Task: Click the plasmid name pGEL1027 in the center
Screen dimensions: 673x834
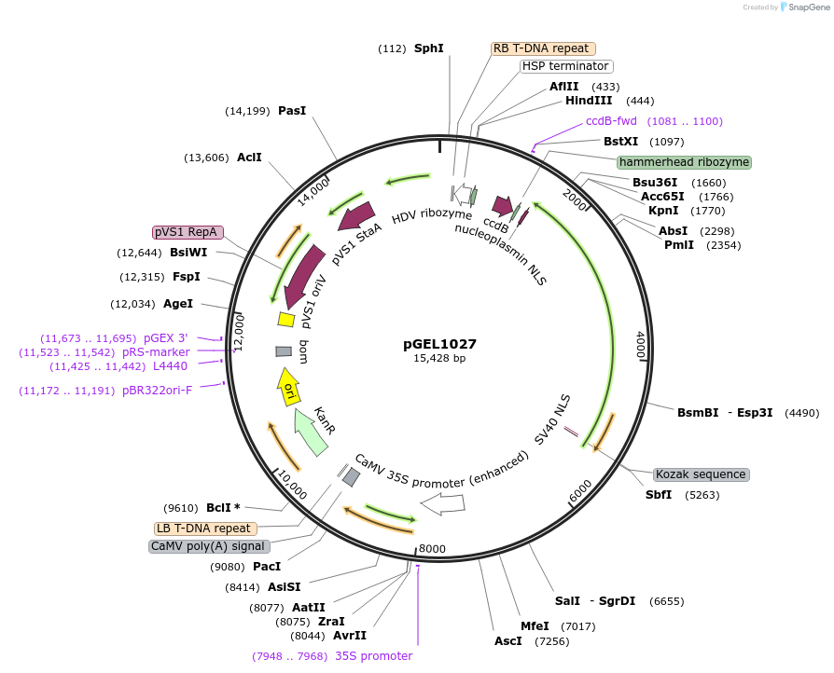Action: [x=439, y=343]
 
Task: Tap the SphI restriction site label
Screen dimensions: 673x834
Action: [x=429, y=48]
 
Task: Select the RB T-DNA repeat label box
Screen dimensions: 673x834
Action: [x=543, y=48]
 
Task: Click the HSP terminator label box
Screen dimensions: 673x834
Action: [x=565, y=66]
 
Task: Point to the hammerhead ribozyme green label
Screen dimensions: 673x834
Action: [x=684, y=161]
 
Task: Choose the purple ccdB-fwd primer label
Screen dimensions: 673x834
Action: [x=611, y=121]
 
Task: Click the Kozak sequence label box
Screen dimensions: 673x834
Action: [x=701, y=474]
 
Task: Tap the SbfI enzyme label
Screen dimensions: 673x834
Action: [x=659, y=495]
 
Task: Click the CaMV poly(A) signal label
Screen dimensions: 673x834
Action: [x=208, y=546]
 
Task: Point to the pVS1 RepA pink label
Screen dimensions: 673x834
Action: [x=188, y=232]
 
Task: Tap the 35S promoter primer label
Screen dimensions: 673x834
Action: [x=373, y=656]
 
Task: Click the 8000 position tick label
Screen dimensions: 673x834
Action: [x=432, y=548]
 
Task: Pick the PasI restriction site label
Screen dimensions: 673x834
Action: [x=292, y=111]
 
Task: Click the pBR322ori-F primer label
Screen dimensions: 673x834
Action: [x=157, y=391]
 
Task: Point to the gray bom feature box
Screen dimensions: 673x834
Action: [x=285, y=351]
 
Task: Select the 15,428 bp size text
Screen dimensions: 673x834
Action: [x=439, y=358]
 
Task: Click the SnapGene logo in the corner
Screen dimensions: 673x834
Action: [x=803, y=7]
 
